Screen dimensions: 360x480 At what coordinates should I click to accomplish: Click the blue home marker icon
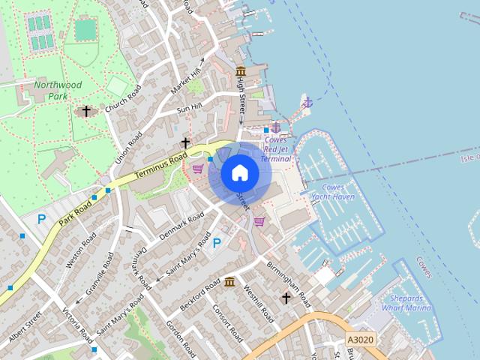(239, 172)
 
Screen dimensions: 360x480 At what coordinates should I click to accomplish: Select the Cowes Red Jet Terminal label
(276, 149)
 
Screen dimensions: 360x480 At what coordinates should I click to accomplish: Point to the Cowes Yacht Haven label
(333, 192)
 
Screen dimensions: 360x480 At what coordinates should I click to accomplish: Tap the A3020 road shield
(360, 340)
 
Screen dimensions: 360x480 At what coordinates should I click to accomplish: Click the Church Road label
(123, 100)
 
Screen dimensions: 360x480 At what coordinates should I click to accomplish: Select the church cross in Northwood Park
(86, 112)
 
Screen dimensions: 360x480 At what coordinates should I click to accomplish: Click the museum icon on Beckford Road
(229, 283)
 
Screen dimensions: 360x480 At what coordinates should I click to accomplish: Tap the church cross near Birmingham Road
(286, 298)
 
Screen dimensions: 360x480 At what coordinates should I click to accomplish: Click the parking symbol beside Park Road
(42, 220)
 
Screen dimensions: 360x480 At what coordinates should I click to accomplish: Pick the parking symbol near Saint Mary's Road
(217, 243)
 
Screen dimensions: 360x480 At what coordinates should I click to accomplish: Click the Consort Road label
(225, 321)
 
